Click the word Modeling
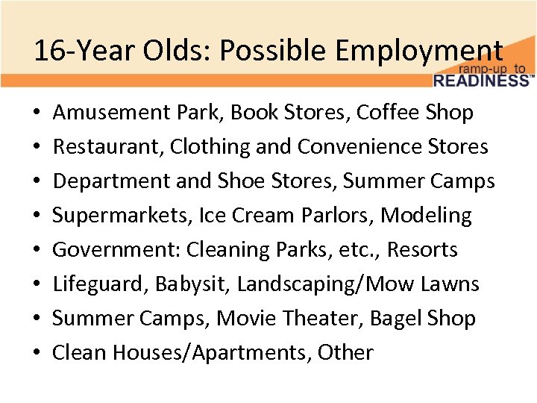[x=427, y=216]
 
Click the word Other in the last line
[x=345, y=353]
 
